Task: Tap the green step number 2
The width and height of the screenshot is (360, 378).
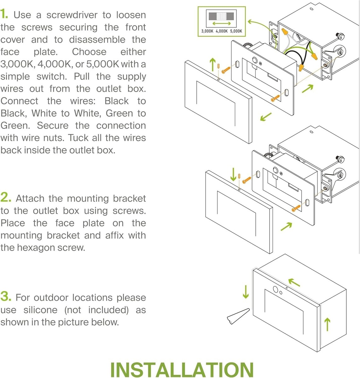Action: pyautogui.click(x=6, y=198)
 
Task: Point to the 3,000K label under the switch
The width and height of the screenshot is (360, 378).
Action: pyautogui.click(x=207, y=31)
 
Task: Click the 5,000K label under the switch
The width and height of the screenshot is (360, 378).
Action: pyautogui.click(x=236, y=31)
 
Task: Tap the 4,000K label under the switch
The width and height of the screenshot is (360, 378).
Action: pyautogui.click(x=222, y=31)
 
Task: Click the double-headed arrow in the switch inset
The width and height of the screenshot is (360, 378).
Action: pyautogui.click(x=221, y=24)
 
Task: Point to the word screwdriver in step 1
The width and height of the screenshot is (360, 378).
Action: pyautogui.click(x=69, y=15)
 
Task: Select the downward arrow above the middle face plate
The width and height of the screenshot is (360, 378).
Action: pyautogui.click(x=233, y=174)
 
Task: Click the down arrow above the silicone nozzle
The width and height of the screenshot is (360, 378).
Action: pyautogui.click(x=246, y=292)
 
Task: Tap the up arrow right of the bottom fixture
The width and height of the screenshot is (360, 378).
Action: pyautogui.click(x=328, y=324)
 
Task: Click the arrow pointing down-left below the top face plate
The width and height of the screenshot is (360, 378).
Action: pyautogui.click(x=266, y=117)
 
